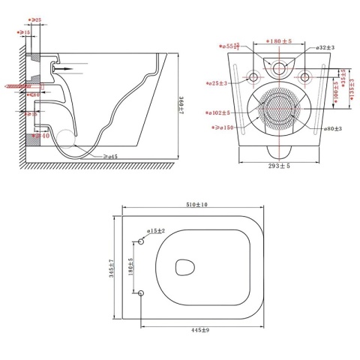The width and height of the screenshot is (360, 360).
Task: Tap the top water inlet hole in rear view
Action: tap(280, 69)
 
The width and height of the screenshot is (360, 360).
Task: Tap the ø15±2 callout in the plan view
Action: tap(156, 232)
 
